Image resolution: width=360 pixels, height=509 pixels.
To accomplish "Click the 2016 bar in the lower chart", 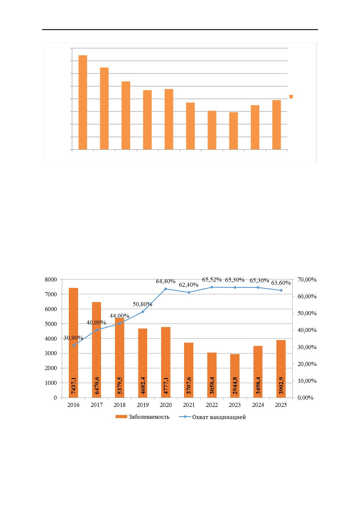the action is click(x=73, y=343).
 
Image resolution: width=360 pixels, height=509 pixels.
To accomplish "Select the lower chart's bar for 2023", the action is click(x=235, y=376).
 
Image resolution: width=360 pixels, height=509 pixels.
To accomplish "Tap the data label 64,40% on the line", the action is click(x=166, y=281).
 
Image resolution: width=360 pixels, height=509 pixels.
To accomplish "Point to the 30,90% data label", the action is click(x=73, y=338).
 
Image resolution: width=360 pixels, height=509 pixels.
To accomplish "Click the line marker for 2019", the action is click(x=143, y=312).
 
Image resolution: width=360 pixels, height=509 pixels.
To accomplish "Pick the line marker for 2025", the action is click(x=281, y=290).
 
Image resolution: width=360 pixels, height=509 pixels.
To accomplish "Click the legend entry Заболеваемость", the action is click(x=142, y=417).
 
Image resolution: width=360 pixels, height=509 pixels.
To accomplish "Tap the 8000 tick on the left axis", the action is click(x=51, y=279).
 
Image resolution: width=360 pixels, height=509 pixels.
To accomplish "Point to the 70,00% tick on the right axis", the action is click(x=307, y=279).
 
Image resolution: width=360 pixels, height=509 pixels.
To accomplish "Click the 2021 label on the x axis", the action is click(x=189, y=405).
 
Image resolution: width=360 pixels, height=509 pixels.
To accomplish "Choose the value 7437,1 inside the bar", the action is click(x=73, y=384).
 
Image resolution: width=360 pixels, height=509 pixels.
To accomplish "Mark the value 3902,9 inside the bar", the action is click(x=281, y=384).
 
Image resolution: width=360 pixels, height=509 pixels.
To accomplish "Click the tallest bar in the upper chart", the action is click(x=83, y=102).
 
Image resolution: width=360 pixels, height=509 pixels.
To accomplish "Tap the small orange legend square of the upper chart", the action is click(x=291, y=97).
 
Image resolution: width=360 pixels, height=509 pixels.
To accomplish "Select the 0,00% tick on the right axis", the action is click(x=306, y=398).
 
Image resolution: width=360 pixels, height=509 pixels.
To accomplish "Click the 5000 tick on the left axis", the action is click(x=51, y=324).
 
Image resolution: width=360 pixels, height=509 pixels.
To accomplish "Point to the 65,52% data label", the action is click(x=212, y=280).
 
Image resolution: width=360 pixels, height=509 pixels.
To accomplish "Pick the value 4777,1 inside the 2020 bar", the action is click(x=166, y=384).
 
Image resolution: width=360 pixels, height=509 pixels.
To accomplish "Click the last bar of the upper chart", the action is click(x=276, y=125).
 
